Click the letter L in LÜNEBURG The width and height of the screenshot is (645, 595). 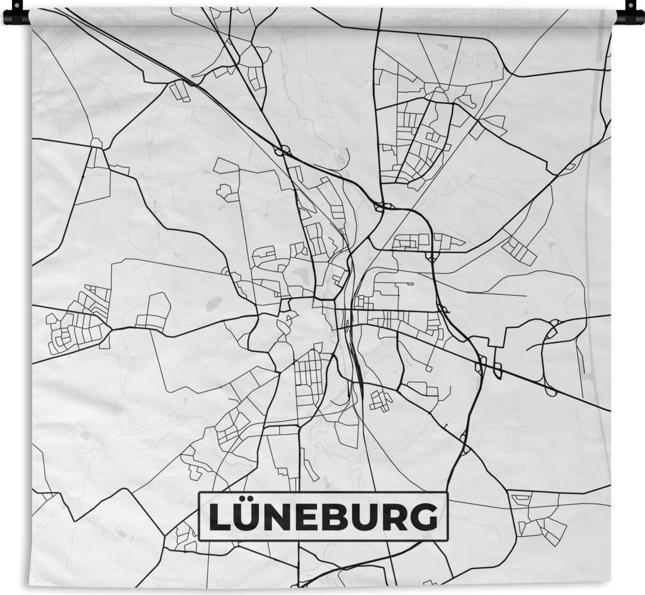coord(220,518)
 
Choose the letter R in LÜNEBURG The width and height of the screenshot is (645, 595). coord(395,518)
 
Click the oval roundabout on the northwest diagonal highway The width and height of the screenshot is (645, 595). coord(282,151)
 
